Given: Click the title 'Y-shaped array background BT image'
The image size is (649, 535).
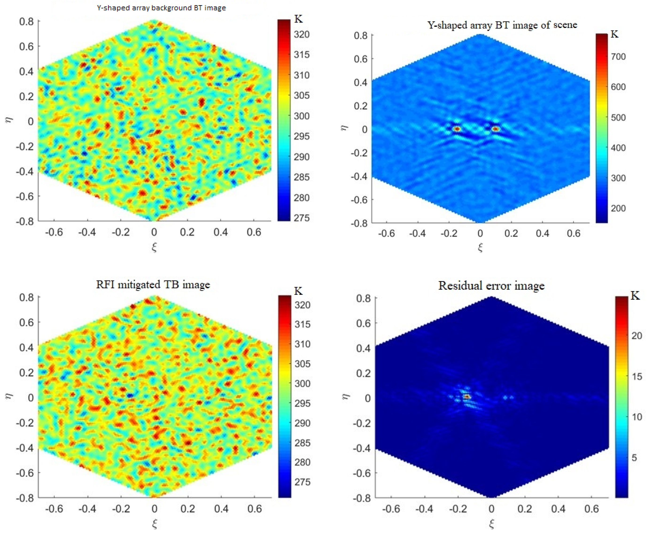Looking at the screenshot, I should coord(161,8).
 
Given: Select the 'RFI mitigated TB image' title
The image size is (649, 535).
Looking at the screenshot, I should coord(153,284).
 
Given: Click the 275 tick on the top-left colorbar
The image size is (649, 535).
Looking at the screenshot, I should coord(301,218).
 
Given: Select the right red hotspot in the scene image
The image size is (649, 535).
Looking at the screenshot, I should coord(495,129).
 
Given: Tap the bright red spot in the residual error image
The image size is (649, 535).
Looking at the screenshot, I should coord(467,397).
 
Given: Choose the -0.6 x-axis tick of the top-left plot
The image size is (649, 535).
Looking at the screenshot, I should coord(54,232).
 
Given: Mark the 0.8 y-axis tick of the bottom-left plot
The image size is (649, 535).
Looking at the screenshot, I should coord(27,297).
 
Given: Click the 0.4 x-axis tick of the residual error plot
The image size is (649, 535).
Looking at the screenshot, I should coord(558,509).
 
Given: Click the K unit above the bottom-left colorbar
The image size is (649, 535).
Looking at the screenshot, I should coord(298,291).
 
